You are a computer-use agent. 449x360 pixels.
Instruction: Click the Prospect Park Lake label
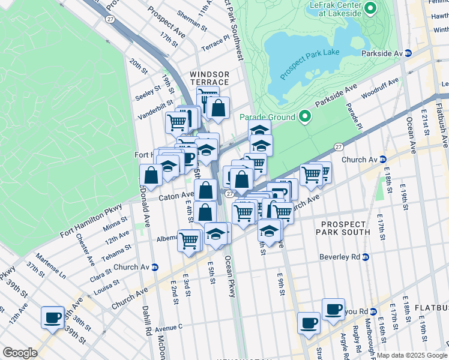click(309, 61)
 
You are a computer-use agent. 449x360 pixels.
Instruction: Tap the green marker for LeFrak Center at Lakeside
click(370, 8)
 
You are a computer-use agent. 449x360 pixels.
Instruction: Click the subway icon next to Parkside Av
click(408, 53)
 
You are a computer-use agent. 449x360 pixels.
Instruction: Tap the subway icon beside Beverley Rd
click(365, 257)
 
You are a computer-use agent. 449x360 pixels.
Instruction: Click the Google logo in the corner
click(20, 353)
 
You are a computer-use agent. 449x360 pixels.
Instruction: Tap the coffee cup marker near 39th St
click(52, 316)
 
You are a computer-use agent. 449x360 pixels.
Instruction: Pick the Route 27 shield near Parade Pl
click(339, 146)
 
